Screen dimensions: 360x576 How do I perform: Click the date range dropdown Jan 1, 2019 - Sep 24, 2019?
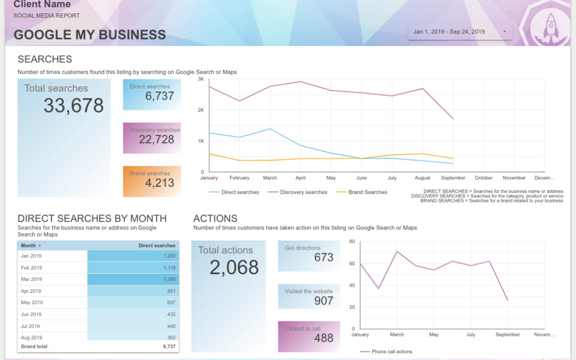460,32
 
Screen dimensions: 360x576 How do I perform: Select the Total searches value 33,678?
74,106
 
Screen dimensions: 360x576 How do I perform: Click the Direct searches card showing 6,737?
152,94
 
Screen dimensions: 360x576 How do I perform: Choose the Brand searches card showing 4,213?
152,181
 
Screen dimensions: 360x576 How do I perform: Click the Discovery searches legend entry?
303,192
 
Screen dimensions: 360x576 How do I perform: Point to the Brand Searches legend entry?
367,192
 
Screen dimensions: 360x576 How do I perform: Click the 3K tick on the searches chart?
201,79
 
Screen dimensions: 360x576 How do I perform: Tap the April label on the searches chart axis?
300,178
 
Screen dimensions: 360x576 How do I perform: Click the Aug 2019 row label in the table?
31,338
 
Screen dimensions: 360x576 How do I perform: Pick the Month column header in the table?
29,246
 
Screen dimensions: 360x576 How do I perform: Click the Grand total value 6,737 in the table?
169,347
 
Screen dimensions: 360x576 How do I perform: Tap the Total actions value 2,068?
234,267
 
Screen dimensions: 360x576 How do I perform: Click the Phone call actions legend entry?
391,351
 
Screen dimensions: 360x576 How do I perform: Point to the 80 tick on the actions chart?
352,242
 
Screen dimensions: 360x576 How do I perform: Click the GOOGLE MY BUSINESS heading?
90,35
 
